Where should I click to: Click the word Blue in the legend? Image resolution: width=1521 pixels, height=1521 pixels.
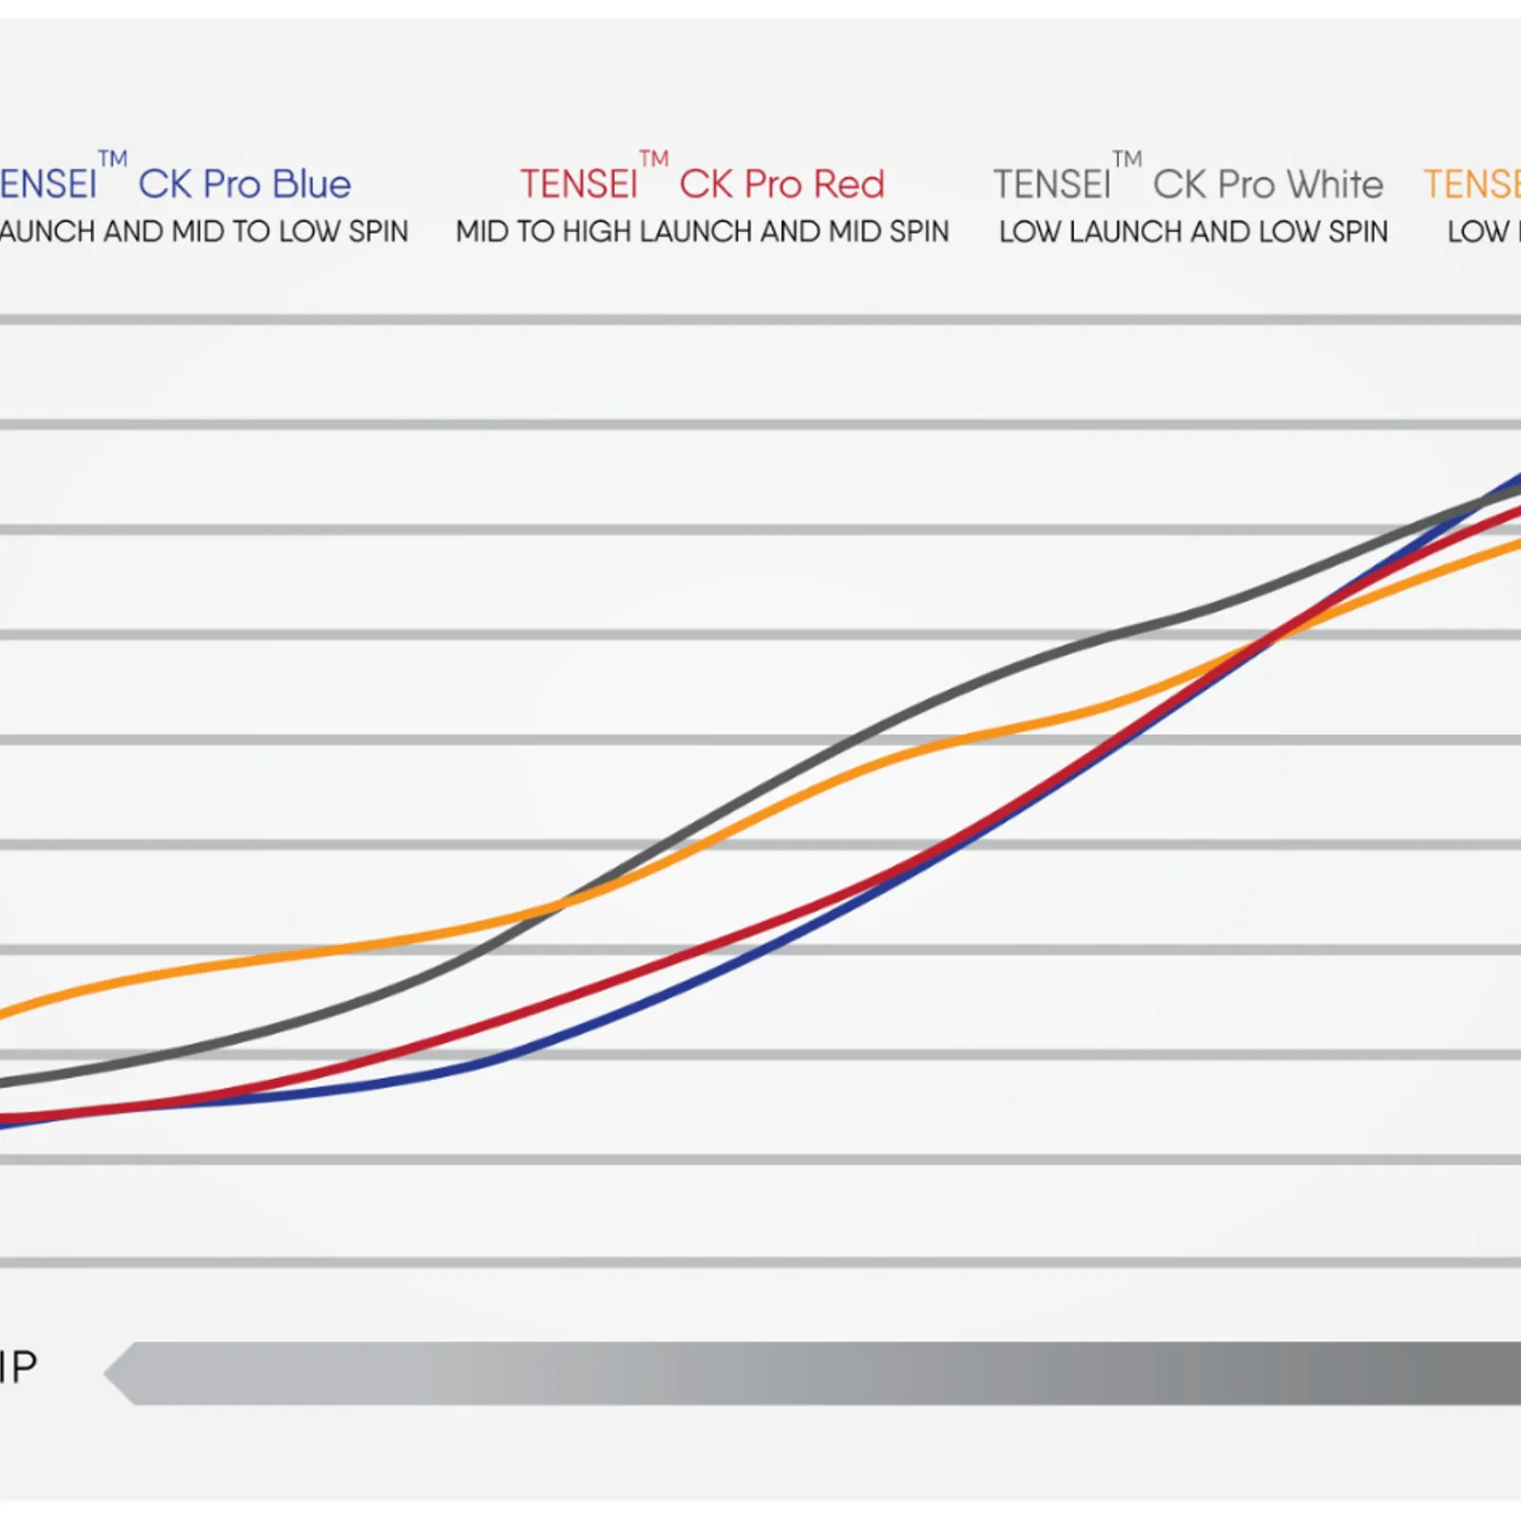click(312, 184)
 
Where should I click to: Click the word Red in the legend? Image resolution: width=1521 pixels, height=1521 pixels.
click(849, 184)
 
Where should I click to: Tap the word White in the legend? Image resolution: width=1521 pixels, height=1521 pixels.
click(1335, 184)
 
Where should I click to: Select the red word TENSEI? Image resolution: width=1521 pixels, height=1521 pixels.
click(578, 184)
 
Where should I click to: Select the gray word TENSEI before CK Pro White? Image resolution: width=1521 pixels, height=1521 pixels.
click(1051, 184)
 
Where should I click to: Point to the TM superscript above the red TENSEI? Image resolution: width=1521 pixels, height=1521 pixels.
click(653, 158)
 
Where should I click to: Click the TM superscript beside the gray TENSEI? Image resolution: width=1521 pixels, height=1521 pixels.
click(1126, 158)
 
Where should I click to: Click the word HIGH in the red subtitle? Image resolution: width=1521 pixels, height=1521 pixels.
click(596, 232)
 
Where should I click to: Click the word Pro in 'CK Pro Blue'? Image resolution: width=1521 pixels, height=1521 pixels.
click(232, 184)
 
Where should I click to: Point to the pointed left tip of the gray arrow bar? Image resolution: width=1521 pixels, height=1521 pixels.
click(107, 1373)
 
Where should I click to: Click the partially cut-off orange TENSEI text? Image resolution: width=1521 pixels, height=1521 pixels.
click(1472, 184)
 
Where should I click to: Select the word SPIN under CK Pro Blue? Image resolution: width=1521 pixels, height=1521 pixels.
click(377, 232)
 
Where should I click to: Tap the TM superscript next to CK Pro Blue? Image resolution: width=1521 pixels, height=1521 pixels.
click(112, 158)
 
